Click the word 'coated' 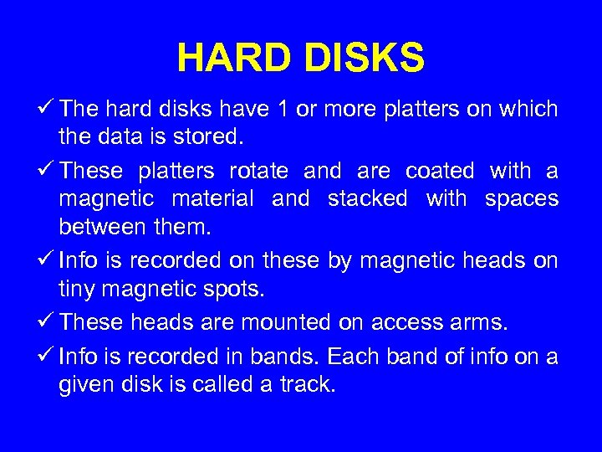pos(439,172)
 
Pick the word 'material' pos(212,199)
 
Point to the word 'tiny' pos(77,288)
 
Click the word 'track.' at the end pos(308,384)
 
